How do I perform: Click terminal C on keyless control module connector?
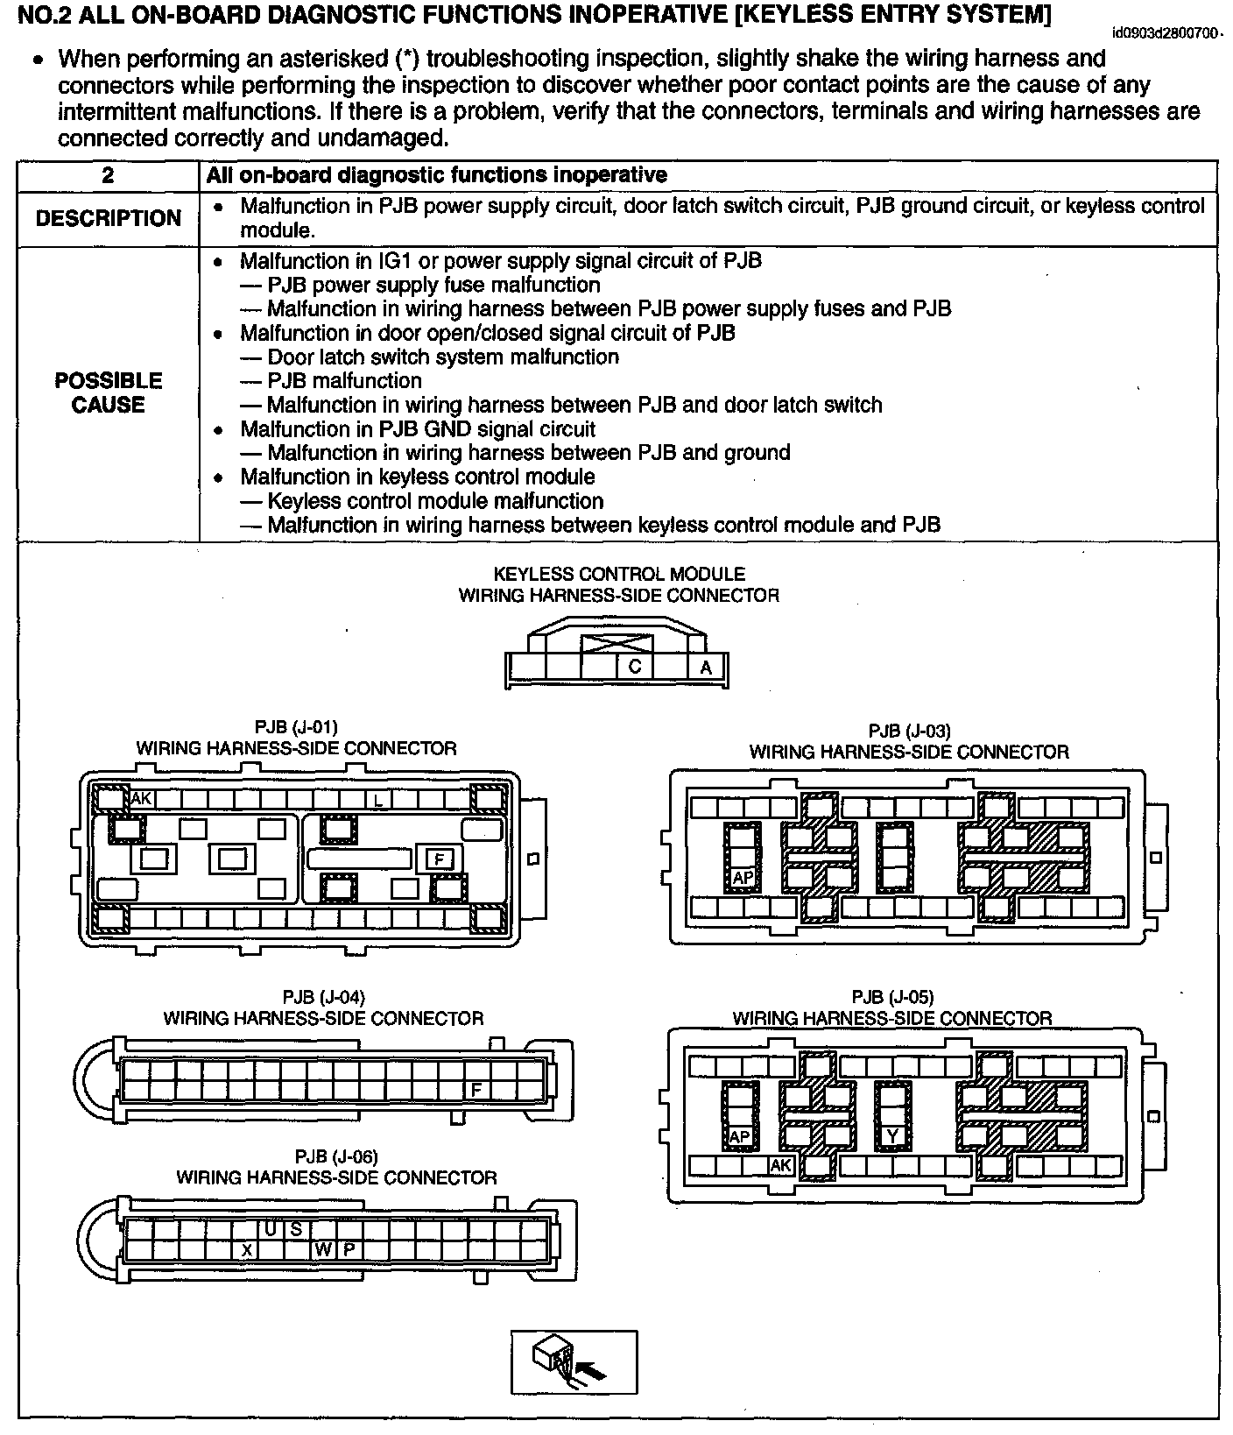pyautogui.click(x=635, y=667)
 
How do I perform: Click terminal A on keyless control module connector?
pyautogui.click(x=706, y=668)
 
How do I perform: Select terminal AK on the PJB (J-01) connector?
pyautogui.click(x=141, y=798)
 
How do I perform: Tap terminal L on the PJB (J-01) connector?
pyautogui.click(x=378, y=800)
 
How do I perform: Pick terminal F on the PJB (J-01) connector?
pyautogui.click(x=440, y=859)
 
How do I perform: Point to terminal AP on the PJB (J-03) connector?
pyautogui.click(x=743, y=877)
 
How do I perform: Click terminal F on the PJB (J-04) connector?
pyautogui.click(x=477, y=1089)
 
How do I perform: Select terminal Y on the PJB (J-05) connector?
pyautogui.click(x=892, y=1136)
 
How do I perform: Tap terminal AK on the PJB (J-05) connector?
pyautogui.click(x=780, y=1166)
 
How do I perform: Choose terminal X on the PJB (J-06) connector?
pyautogui.click(x=247, y=1249)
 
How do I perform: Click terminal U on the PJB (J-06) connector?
pyautogui.click(x=271, y=1229)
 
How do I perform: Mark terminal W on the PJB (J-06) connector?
pyautogui.click(x=324, y=1249)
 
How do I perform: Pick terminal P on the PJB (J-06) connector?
pyautogui.click(x=349, y=1249)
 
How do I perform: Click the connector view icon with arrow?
pyautogui.click(x=574, y=1361)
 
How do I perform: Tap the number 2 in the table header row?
pyautogui.click(x=108, y=175)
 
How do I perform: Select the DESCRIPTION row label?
pyautogui.click(x=108, y=218)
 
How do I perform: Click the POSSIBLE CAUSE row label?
pyautogui.click(x=108, y=392)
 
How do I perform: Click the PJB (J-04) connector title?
pyautogui.click(x=323, y=1007)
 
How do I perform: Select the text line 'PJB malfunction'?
pyautogui.click(x=344, y=381)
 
